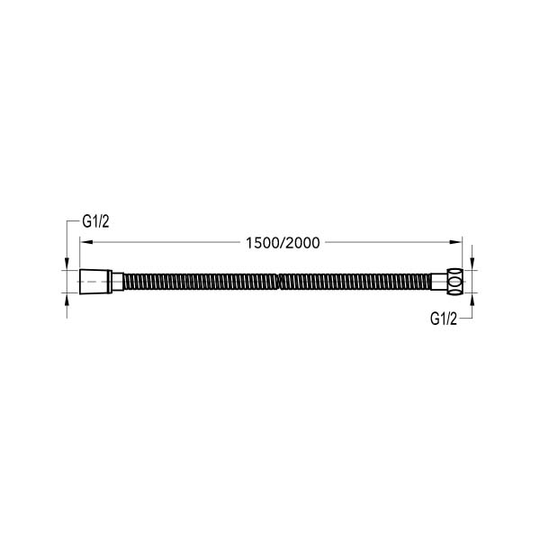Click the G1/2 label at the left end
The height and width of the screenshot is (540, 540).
click(95, 221)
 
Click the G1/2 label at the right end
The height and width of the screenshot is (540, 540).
click(444, 319)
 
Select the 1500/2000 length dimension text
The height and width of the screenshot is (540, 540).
click(283, 243)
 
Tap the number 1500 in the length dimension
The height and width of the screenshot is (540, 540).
click(263, 243)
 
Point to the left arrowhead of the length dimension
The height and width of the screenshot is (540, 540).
click(86, 242)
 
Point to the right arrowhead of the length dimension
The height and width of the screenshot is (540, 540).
click(455, 242)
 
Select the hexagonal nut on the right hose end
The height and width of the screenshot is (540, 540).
click(454, 282)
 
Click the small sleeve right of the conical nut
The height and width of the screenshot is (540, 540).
click(118, 282)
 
